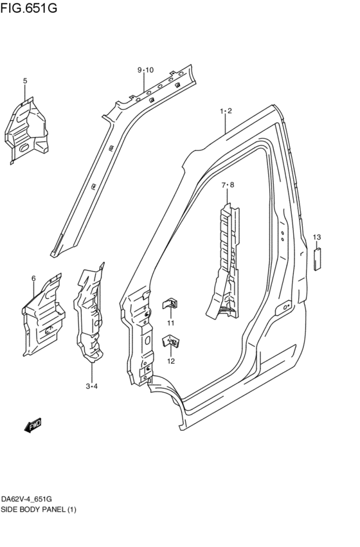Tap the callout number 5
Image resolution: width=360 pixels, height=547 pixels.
pyautogui.click(x=25, y=81)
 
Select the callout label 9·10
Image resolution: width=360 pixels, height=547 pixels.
pyautogui.click(x=145, y=70)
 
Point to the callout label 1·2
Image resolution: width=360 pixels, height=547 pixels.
pyautogui.click(x=225, y=111)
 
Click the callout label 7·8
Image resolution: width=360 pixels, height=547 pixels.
pyautogui.click(x=228, y=186)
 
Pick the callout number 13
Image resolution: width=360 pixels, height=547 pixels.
pyautogui.click(x=317, y=238)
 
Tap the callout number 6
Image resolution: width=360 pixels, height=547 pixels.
pyautogui.click(x=33, y=278)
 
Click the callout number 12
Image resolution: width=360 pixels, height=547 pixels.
pyautogui.click(x=171, y=361)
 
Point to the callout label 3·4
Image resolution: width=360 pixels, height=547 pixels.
pyautogui.click(x=91, y=386)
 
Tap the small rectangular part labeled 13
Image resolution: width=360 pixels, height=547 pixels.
pyautogui.click(x=317, y=258)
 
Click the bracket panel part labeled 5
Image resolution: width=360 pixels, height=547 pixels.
pyautogui.click(x=26, y=129)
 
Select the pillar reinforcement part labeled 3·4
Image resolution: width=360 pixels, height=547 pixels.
pyautogui.click(x=89, y=315)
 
